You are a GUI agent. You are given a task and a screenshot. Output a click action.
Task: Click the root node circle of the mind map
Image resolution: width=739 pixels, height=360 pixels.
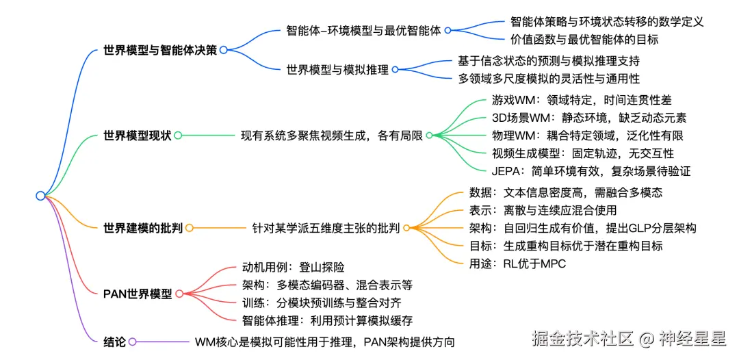(x=40, y=196)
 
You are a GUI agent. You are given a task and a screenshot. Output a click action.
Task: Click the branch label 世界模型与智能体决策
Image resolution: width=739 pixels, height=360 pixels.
(x=159, y=50)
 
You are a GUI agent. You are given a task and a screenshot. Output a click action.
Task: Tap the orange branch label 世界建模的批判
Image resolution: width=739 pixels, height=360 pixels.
(x=142, y=228)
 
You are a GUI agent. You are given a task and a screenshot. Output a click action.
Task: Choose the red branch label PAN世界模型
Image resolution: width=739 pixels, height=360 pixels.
(x=138, y=294)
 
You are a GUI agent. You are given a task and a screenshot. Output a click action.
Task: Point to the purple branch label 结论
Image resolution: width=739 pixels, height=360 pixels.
(x=114, y=342)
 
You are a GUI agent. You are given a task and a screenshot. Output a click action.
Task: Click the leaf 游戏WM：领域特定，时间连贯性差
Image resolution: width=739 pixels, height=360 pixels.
(x=582, y=100)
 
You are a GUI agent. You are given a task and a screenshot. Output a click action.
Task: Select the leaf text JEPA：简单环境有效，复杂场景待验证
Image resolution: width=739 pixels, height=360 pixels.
(x=591, y=171)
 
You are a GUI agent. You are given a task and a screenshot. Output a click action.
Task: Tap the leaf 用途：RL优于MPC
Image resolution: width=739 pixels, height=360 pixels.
(x=518, y=263)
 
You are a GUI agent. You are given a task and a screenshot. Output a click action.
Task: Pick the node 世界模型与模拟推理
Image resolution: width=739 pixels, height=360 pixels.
(x=337, y=70)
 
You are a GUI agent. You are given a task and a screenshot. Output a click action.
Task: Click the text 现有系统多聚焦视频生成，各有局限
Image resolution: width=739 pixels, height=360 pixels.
(x=331, y=136)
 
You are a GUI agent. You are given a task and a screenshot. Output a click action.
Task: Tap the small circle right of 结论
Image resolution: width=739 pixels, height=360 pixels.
(x=132, y=342)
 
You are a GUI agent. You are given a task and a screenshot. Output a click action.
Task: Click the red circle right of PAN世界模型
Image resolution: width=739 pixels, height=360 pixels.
(x=179, y=294)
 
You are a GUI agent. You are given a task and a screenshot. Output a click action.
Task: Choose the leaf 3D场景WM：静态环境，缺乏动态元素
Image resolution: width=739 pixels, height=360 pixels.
(x=589, y=118)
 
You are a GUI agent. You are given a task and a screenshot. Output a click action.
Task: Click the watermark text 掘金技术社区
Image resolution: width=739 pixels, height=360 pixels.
(x=583, y=337)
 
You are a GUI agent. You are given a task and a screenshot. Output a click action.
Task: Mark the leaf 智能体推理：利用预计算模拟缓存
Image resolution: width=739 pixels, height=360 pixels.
(x=327, y=320)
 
